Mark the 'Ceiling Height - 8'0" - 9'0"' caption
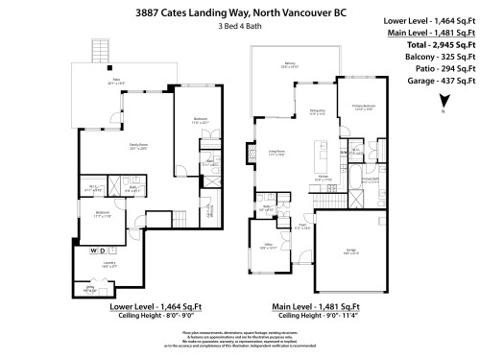coord(128,314)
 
